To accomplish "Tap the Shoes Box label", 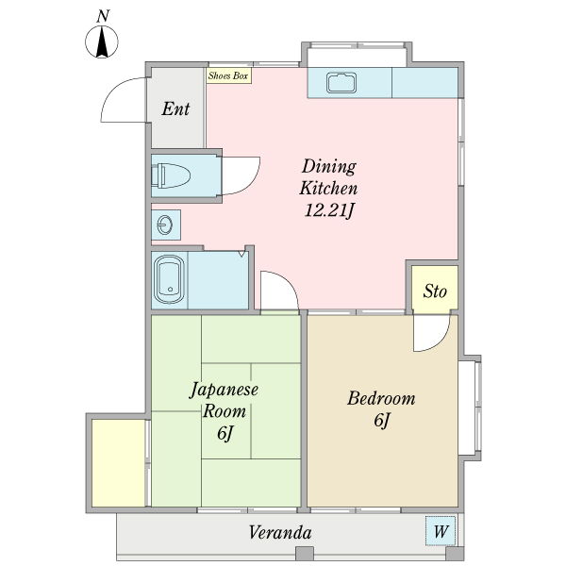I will pyautogui.click(x=228, y=75).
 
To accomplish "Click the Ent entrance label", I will pyautogui.click(x=175, y=108).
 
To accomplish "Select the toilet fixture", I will pyautogui.click(x=173, y=175).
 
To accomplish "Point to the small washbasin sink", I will pyautogui.click(x=165, y=225).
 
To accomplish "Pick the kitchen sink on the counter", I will pyautogui.click(x=341, y=83).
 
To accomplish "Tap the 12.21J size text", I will pyautogui.click(x=328, y=208).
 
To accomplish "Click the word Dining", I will pyautogui.click(x=329, y=166).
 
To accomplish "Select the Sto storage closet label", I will pyautogui.click(x=434, y=291).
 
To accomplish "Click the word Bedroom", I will pyautogui.click(x=381, y=398).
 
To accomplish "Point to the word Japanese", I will pyautogui.click(x=225, y=389).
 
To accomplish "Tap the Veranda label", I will pyautogui.click(x=280, y=533).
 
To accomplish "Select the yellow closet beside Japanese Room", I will pyautogui.click(x=118, y=462).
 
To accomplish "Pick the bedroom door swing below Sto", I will pyautogui.click(x=429, y=335).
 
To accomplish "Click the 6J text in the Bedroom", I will pyautogui.click(x=381, y=422).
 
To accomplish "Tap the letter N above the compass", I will pyautogui.click(x=103, y=16).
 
